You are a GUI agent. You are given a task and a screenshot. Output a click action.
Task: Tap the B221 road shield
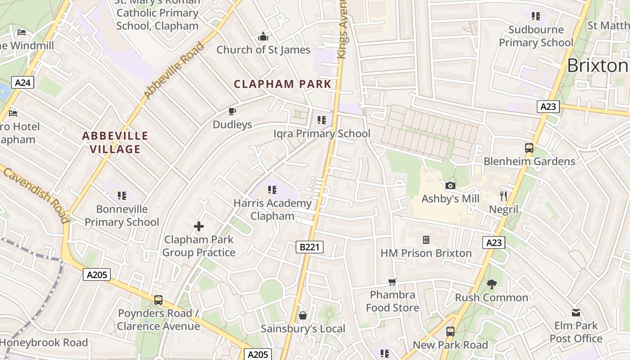pos(310,247)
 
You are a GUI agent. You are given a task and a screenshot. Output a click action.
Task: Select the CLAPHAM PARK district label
pos(283,84)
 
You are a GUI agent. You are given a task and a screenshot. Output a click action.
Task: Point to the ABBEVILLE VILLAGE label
pos(115,142)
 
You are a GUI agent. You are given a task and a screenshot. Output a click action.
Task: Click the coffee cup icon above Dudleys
pos(232,111)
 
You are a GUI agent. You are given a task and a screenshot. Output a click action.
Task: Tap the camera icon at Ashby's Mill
pos(450,185)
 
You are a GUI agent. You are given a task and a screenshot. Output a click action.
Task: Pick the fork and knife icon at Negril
pos(504,196)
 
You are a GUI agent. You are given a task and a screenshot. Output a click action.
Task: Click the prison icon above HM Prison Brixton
pos(426,240)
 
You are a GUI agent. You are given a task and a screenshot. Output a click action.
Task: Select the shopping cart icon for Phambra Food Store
pos(392,282)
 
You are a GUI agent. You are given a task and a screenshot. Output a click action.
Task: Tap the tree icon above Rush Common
pos(491,284)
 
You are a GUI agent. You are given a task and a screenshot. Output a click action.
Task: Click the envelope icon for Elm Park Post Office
pos(576,313)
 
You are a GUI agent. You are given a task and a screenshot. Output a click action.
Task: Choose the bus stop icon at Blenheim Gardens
pos(529,148)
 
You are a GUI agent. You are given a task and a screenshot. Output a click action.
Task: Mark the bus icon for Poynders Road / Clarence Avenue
pos(158,300)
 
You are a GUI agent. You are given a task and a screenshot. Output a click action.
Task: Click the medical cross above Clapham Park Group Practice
pos(198,226)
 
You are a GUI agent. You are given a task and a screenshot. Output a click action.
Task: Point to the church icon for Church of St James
pos(263,36)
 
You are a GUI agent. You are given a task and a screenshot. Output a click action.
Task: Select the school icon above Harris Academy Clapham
pos(272,190)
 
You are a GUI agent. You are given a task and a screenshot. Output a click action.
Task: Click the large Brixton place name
pos(597,66)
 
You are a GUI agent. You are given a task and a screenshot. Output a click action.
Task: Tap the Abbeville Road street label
pos(174,71)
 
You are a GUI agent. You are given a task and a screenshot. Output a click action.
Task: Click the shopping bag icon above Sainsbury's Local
pos(303,315)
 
